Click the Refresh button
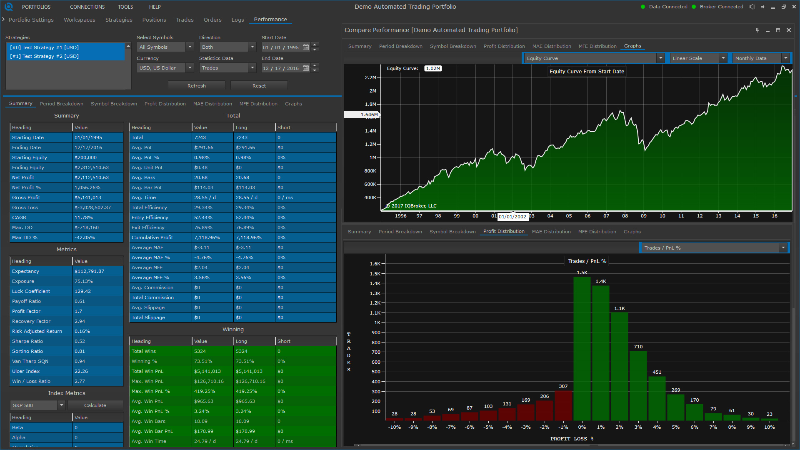197,86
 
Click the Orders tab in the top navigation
212,20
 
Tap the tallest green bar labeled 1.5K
582,348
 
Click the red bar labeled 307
563,405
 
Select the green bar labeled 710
638,385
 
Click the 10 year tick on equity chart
662,216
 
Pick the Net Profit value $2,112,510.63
92,177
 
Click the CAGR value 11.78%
83,217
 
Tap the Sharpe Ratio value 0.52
80,341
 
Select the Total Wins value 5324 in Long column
242,351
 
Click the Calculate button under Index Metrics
95,405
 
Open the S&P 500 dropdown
38,405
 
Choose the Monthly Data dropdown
761,58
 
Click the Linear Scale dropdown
699,58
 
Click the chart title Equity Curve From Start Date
587,72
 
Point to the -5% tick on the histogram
488,427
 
